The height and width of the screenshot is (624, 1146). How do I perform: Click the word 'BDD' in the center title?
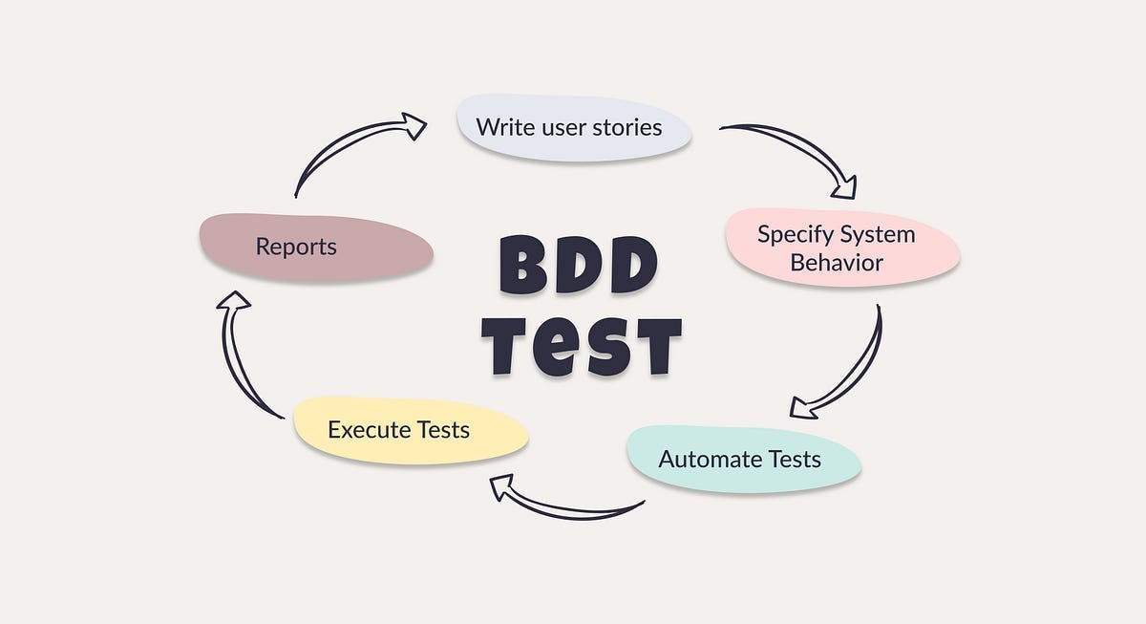[579, 265]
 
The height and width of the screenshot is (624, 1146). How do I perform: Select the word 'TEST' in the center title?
[581, 345]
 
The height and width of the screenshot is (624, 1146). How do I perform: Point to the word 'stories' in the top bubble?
[625, 127]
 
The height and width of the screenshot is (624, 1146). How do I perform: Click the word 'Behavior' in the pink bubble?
[837, 262]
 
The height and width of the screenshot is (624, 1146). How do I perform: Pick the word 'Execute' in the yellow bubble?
[363, 430]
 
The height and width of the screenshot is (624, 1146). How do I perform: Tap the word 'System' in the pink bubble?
[877, 234]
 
